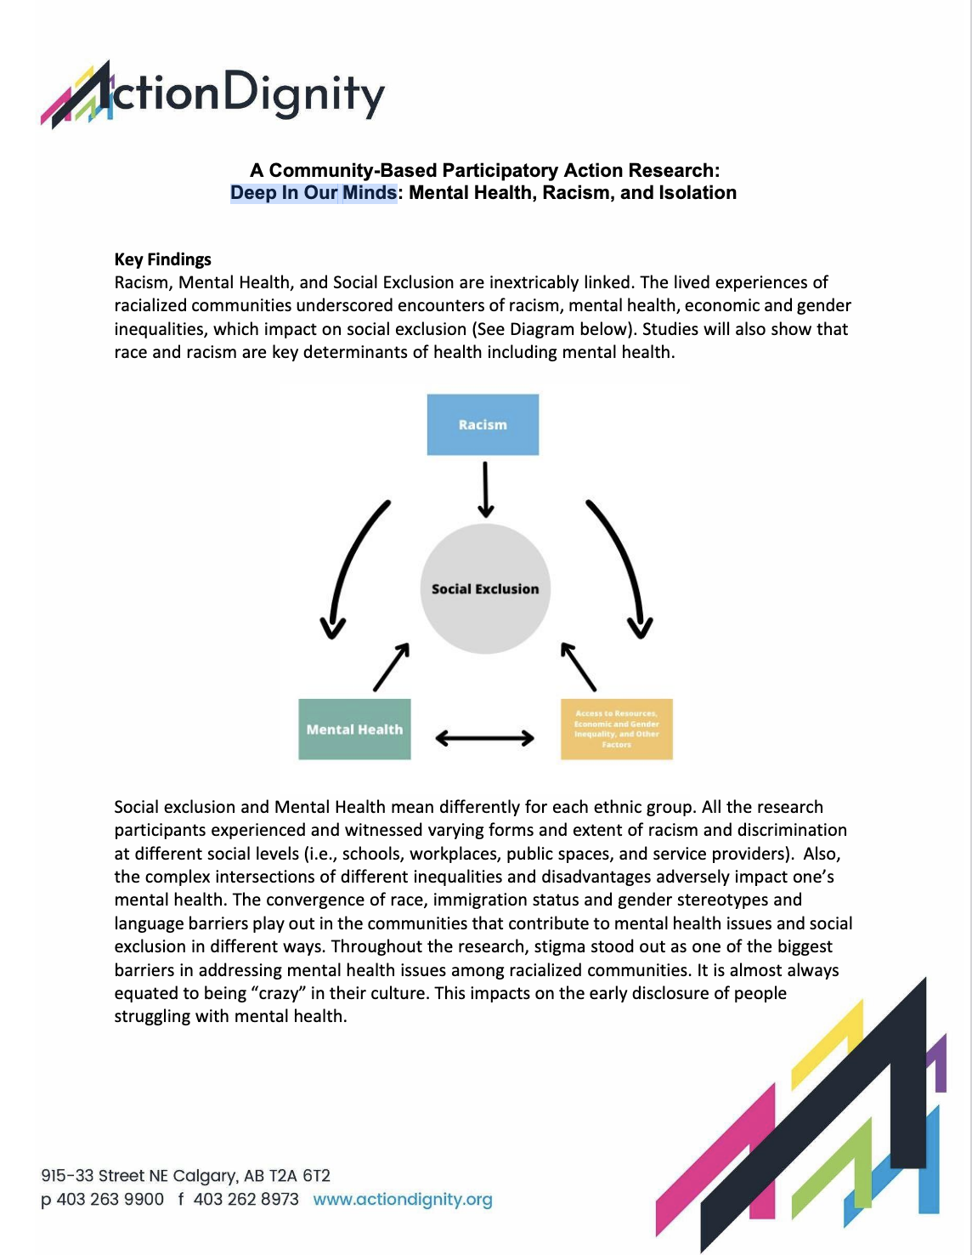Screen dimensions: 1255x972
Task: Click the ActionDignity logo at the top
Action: [x=212, y=94]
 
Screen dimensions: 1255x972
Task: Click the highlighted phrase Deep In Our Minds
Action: [x=314, y=193]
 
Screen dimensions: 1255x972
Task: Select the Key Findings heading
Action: [x=163, y=259]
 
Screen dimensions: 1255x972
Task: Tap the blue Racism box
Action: [x=483, y=424]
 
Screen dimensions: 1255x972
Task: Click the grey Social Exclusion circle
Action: [x=485, y=588]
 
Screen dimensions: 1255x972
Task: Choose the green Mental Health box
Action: [x=354, y=729]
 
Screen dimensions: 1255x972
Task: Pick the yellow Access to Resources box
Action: [x=617, y=729]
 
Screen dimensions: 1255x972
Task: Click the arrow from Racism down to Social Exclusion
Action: [x=485, y=489]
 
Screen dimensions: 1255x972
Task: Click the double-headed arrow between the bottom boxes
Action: [x=484, y=738]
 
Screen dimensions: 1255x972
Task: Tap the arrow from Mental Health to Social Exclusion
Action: [x=391, y=667]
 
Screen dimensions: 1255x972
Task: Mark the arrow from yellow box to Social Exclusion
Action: [x=579, y=667]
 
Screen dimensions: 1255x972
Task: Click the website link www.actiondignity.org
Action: [x=403, y=1199]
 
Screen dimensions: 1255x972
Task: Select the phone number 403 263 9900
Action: [x=110, y=1199]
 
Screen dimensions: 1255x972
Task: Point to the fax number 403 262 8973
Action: [x=246, y=1199]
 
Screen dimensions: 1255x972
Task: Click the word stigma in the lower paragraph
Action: [x=559, y=946]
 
